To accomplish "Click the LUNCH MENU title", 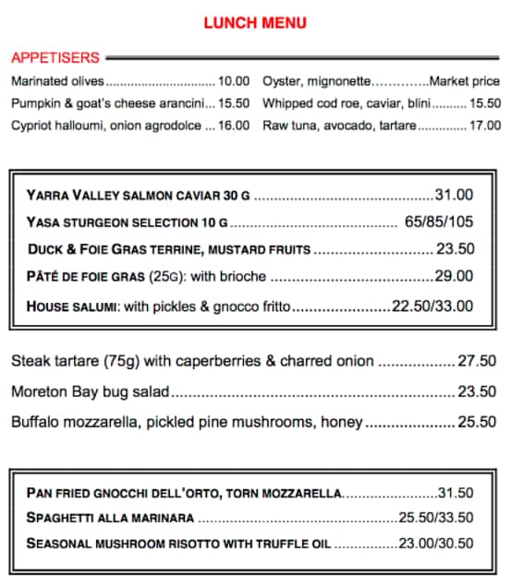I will click(x=255, y=23).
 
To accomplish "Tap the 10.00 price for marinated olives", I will click(x=234, y=81).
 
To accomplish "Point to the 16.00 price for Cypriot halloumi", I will click(x=234, y=126).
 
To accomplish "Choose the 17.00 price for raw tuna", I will click(x=485, y=126).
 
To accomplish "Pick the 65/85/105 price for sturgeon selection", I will click(x=439, y=222).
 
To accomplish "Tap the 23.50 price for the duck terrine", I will click(x=455, y=249).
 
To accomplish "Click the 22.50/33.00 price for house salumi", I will click(x=432, y=306).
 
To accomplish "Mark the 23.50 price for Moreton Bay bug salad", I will click(x=477, y=391).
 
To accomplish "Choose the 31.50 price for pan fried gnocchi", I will click(x=456, y=494).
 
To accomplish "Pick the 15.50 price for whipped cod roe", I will click(x=485, y=103).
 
